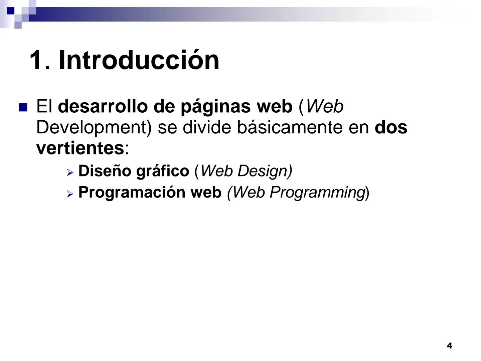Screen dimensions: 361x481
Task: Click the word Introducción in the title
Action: (x=139, y=60)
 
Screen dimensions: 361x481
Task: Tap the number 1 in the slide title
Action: (x=36, y=61)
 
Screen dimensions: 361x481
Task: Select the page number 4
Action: (x=449, y=346)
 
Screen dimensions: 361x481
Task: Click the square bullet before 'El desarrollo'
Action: (x=23, y=107)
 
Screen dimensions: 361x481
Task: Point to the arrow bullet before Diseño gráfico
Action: (x=69, y=172)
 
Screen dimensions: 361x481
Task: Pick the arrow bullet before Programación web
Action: (x=69, y=194)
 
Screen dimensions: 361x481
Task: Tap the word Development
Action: (x=94, y=128)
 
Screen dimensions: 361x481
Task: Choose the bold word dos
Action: (x=391, y=127)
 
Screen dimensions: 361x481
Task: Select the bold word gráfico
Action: (x=163, y=171)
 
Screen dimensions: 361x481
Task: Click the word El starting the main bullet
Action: (x=44, y=106)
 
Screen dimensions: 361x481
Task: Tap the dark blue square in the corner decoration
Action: (x=11, y=11)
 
